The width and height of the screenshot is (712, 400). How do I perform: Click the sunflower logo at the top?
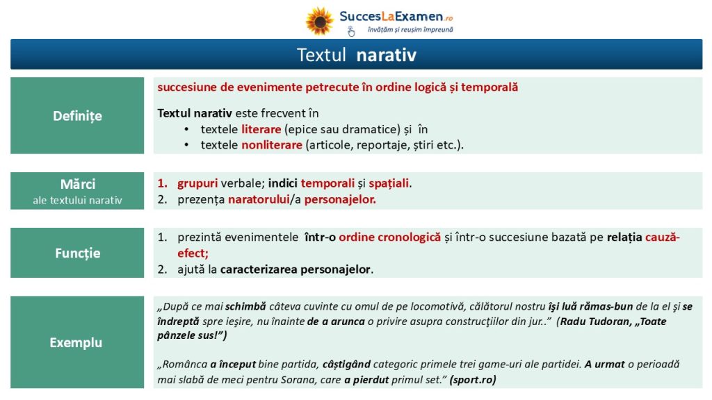tap(320, 21)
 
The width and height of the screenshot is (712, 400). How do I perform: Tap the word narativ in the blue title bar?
tap(386, 55)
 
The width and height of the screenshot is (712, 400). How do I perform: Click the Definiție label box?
tap(77, 116)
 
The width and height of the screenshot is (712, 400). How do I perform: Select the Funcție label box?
tap(77, 253)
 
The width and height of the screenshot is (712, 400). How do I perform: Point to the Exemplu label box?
tap(77, 342)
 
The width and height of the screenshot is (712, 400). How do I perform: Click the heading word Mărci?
tap(78, 184)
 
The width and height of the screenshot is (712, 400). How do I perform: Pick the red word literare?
tap(261, 129)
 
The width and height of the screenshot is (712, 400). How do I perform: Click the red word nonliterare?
tap(272, 145)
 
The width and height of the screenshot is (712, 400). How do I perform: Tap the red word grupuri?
tap(197, 183)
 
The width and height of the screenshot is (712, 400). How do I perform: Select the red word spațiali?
tap(389, 183)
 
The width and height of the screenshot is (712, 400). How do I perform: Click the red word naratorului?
tap(259, 199)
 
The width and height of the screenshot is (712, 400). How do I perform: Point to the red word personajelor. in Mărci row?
tap(340, 199)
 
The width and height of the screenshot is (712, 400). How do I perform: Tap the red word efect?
tap(193, 253)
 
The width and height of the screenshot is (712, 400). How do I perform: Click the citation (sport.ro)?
tap(473, 380)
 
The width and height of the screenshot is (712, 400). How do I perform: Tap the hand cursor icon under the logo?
tap(351, 31)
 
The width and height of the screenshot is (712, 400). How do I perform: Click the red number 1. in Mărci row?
tap(163, 183)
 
